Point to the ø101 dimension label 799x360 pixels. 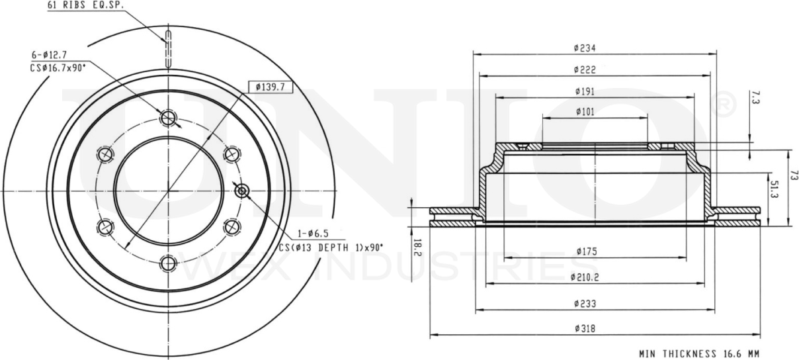585,112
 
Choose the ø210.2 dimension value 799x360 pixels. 585,277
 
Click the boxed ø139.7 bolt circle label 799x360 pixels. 271,87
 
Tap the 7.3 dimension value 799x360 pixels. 755,100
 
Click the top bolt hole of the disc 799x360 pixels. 169,118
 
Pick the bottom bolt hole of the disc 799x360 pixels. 169,263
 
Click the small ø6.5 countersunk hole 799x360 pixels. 241,191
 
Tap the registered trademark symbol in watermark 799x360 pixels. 725,106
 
